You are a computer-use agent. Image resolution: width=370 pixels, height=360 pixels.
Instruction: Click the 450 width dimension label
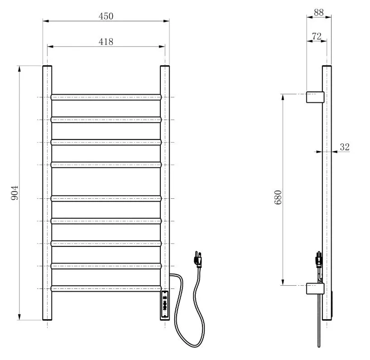click(x=106, y=16)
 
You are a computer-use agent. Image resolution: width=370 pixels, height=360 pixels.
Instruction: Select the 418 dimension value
click(x=106, y=42)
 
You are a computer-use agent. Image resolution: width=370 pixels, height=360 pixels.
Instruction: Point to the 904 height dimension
click(x=14, y=193)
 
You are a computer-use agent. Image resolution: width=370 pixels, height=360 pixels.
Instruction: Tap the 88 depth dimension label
click(x=318, y=13)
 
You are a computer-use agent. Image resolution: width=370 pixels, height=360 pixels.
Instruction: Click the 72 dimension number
click(x=317, y=36)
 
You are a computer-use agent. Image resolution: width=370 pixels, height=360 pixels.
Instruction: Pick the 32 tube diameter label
click(x=345, y=147)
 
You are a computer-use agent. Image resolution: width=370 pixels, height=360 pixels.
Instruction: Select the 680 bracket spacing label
click(x=279, y=197)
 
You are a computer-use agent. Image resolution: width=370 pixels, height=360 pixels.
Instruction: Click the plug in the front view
click(x=198, y=259)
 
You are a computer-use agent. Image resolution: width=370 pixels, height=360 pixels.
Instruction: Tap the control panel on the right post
click(x=165, y=304)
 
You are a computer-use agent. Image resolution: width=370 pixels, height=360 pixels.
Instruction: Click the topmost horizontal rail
click(x=106, y=97)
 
